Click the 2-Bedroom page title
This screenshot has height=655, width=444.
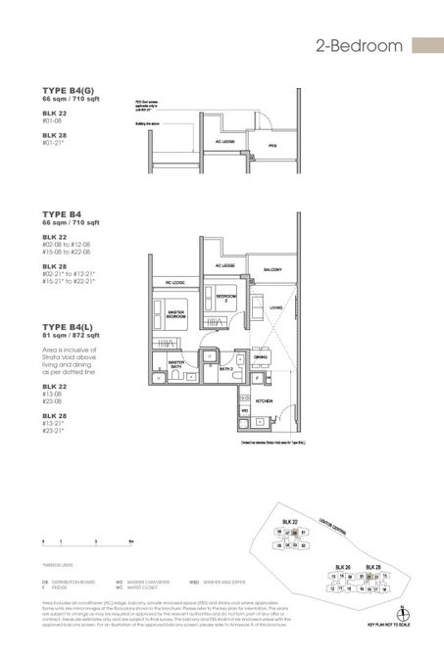pos(360,46)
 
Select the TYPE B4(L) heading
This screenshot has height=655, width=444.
pos(68,328)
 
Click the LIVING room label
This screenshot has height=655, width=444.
pos(277,308)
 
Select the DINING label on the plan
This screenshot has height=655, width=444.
pos(262,357)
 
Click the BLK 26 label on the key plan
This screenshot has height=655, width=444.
pos(342,567)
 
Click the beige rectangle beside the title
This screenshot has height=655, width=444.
pos(427,46)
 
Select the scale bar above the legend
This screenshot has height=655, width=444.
pos(82,540)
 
